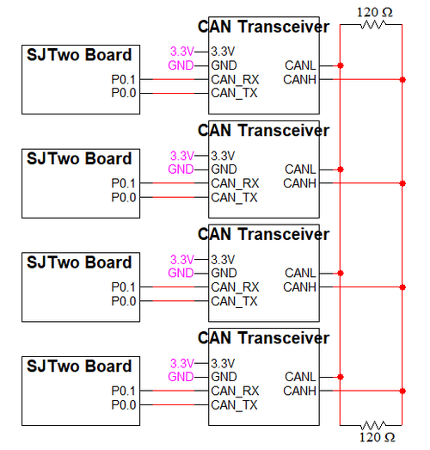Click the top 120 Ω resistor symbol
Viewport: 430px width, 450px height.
(373, 25)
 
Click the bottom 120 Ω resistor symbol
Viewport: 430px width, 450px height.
(373, 425)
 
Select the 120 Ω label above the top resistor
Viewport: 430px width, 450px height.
(374, 12)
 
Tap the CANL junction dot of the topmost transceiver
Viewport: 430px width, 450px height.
(341, 65)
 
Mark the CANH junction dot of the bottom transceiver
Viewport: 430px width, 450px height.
(402, 391)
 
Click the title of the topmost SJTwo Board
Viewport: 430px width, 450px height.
(79, 54)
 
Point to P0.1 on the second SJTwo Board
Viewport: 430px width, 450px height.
(123, 183)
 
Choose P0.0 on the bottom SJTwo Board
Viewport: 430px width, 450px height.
(123, 405)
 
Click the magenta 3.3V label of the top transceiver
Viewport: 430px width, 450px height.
(182, 52)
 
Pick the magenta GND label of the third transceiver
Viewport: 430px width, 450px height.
(181, 273)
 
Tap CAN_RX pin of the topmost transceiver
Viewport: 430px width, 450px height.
(235, 79)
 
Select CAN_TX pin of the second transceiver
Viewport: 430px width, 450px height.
(234, 197)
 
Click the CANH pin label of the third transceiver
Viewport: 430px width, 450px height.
(299, 287)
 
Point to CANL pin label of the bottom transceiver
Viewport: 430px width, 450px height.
(300, 377)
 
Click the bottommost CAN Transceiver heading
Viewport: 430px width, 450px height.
(263, 337)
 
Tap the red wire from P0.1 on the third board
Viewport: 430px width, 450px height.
(174, 287)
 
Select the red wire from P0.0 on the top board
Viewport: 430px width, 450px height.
(174, 93)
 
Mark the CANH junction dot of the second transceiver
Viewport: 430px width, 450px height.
(402, 183)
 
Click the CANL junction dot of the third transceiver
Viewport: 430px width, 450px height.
(341, 273)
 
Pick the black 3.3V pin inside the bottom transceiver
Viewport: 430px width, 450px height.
(223, 364)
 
